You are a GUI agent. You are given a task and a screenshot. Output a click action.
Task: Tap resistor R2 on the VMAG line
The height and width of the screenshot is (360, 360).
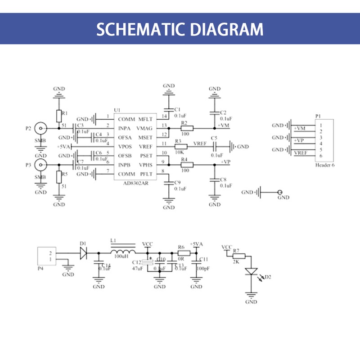click(x=186, y=128)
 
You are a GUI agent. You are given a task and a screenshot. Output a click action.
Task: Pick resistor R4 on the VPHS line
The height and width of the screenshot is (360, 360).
click(x=186, y=165)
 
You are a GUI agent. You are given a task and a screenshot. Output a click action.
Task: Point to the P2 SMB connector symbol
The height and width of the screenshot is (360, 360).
click(x=41, y=129)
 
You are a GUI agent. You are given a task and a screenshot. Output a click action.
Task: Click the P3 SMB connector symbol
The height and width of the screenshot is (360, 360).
click(x=41, y=165)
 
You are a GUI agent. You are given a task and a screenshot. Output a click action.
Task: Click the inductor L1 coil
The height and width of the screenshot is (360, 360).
click(x=122, y=252)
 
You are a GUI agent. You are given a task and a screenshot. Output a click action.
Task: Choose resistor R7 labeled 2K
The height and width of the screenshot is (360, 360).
click(x=239, y=256)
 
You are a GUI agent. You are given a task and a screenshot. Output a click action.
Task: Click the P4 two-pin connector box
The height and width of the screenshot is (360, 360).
click(x=47, y=256)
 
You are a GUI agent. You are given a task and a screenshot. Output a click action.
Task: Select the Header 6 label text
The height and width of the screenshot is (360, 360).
click(x=325, y=165)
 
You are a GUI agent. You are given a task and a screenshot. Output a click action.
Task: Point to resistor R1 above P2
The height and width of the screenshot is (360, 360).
click(x=58, y=116)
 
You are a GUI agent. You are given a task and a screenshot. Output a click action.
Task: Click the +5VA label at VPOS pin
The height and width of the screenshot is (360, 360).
click(x=64, y=147)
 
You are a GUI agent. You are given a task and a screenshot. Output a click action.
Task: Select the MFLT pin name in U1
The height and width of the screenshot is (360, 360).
click(x=145, y=119)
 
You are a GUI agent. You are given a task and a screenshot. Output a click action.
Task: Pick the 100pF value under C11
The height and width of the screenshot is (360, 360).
click(x=202, y=269)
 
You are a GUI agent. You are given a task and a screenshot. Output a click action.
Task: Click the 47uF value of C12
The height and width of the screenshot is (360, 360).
click(x=137, y=268)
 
